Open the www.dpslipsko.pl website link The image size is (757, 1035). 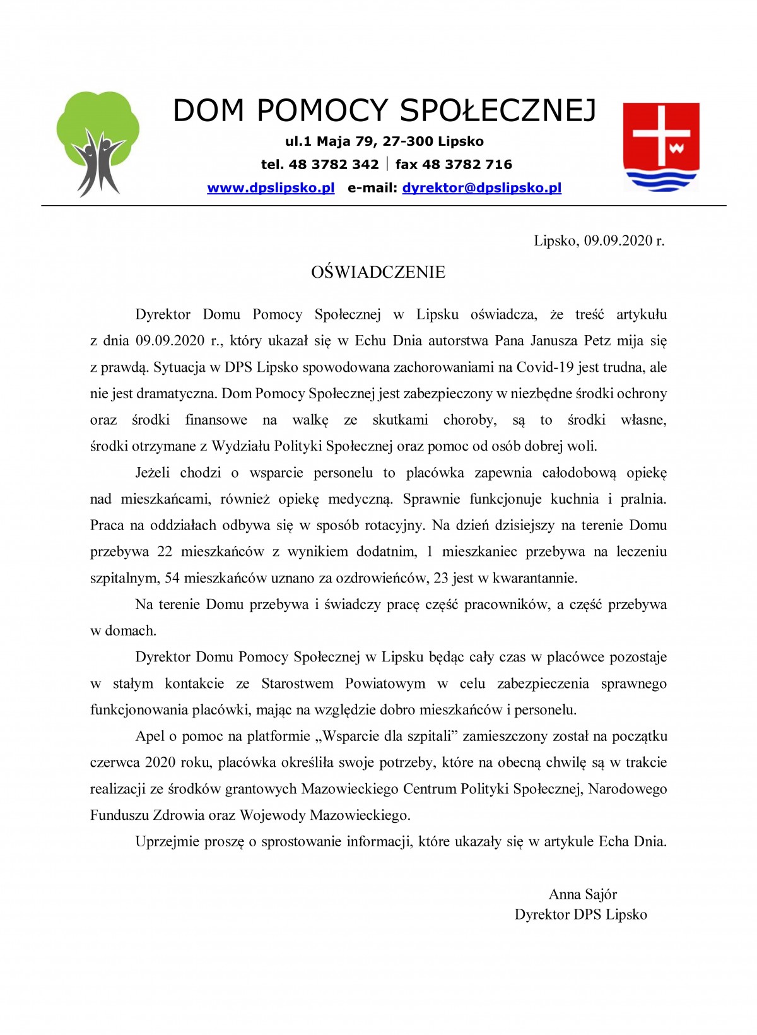[x=271, y=188]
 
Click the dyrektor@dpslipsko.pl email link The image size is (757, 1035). [x=482, y=188]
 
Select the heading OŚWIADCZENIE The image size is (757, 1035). [x=378, y=273]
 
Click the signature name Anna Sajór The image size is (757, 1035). [x=582, y=894]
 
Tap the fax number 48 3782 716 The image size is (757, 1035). [x=467, y=165]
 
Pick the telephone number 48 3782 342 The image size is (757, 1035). [x=334, y=165]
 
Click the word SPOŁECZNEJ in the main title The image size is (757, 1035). [x=498, y=110]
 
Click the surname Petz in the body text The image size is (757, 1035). [x=597, y=341]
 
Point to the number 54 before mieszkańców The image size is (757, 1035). [x=172, y=578]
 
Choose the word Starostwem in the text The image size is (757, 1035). [x=297, y=683]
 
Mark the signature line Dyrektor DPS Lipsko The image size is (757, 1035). [x=580, y=914]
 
